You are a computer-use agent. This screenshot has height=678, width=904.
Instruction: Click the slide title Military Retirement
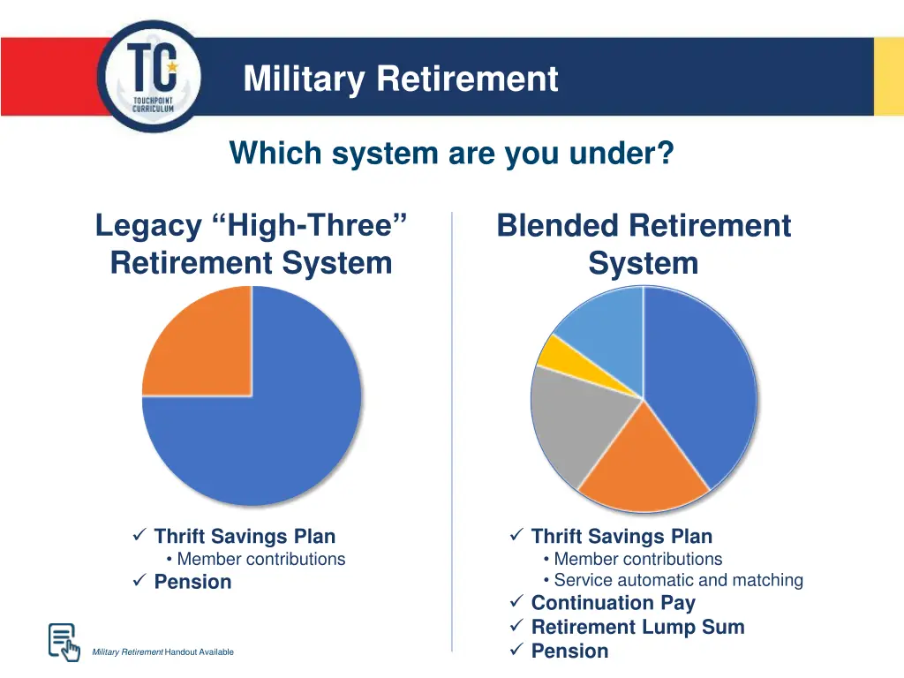tap(401, 79)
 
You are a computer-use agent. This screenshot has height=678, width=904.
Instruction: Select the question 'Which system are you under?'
tap(451, 154)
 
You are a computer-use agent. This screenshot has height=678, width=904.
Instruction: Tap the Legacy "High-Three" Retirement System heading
tap(251, 244)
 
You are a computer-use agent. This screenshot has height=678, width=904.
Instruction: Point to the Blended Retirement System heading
tap(644, 244)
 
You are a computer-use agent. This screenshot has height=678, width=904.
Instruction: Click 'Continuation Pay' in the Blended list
tap(613, 603)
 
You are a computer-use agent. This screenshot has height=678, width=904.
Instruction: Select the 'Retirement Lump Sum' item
tap(637, 627)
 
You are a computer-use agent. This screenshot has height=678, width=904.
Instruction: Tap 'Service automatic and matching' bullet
tap(678, 580)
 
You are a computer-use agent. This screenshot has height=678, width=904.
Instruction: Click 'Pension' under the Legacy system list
tap(192, 582)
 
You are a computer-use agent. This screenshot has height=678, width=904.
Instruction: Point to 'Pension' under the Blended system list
tap(569, 651)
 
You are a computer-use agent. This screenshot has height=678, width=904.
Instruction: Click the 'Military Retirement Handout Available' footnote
tap(163, 652)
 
